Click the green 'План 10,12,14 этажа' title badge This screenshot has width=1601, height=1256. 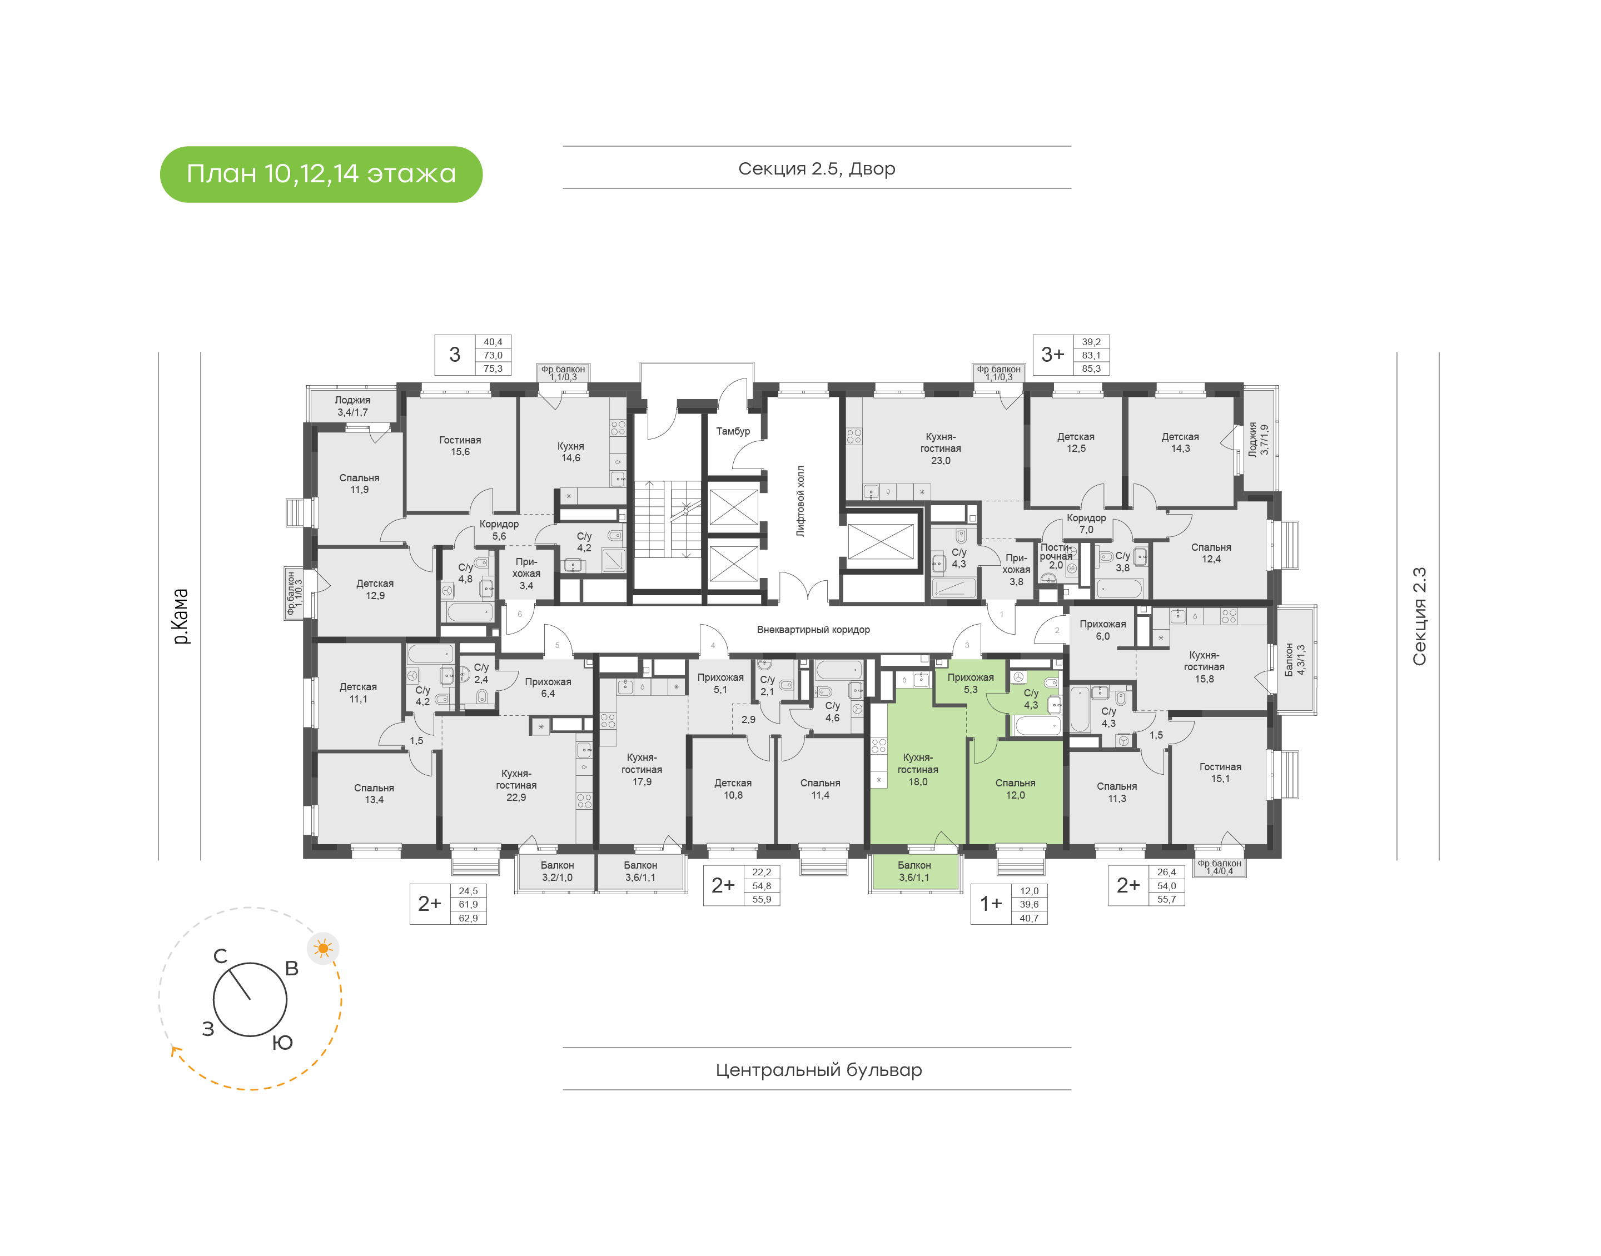[x=321, y=175]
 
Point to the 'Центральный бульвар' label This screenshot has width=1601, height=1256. [x=818, y=1069]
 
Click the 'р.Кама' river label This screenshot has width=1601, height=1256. [x=181, y=616]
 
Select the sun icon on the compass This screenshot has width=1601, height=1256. [x=323, y=949]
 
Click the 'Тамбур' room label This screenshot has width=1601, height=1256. [x=733, y=431]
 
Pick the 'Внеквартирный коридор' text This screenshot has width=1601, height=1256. [x=813, y=630]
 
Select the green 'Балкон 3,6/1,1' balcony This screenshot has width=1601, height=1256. [x=914, y=872]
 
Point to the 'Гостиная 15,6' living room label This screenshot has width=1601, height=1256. [x=460, y=446]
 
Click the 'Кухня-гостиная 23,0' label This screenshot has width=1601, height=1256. [x=941, y=448]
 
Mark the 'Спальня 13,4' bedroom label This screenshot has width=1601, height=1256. [x=374, y=794]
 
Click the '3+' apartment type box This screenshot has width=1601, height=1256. [x=1052, y=355]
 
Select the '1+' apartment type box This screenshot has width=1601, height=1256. [x=990, y=904]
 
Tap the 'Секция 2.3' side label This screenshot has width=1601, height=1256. [x=1419, y=616]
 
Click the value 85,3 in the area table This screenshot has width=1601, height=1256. [x=1091, y=368]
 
